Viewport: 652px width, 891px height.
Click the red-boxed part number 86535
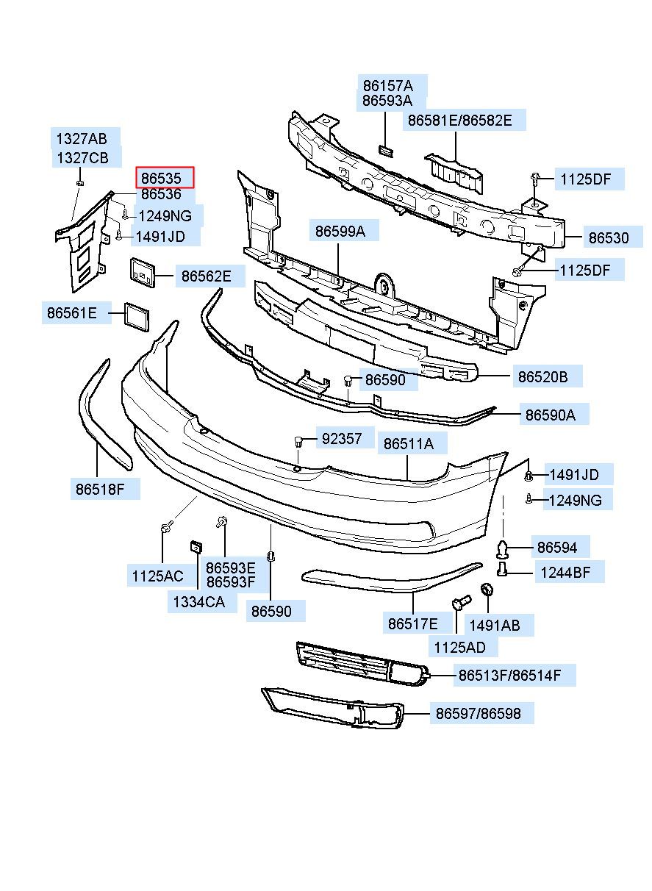[x=161, y=178]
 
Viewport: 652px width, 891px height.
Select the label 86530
[x=608, y=238]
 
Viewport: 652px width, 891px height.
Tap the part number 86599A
[x=340, y=232]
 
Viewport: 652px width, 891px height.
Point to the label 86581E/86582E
[x=460, y=120]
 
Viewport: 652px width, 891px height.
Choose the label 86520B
[x=542, y=376]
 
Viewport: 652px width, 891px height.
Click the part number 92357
[x=342, y=438]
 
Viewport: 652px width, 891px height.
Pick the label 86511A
[x=408, y=443]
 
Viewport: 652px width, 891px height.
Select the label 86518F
[x=100, y=490]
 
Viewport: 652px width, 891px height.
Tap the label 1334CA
[x=199, y=602]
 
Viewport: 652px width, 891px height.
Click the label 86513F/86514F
[x=509, y=675]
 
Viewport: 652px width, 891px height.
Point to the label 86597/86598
[x=479, y=713]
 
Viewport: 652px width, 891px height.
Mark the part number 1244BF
[x=565, y=573]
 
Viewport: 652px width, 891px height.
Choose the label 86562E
[x=206, y=276]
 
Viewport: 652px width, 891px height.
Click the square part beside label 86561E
[x=137, y=317]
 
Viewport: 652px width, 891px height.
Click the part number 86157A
[x=388, y=86]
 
